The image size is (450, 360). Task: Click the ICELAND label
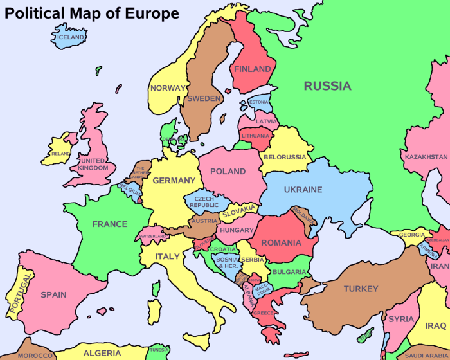(x=71, y=37)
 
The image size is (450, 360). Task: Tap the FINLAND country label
(x=253, y=69)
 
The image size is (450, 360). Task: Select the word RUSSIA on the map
(x=327, y=86)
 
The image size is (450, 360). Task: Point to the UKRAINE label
(x=303, y=190)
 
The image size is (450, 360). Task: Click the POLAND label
(x=228, y=171)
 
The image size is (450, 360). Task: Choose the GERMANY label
(x=174, y=181)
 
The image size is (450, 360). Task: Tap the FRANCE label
(x=110, y=224)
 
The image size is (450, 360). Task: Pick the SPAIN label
(x=54, y=294)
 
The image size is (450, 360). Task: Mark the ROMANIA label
(x=280, y=243)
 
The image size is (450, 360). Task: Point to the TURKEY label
(x=361, y=289)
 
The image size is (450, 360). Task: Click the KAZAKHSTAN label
(x=426, y=156)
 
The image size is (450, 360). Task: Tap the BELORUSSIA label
(x=285, y=157)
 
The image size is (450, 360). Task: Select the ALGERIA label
(x=102, y=353)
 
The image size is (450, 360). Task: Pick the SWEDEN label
(x=204, y=99)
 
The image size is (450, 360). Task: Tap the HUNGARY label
(x=236, y=230)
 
